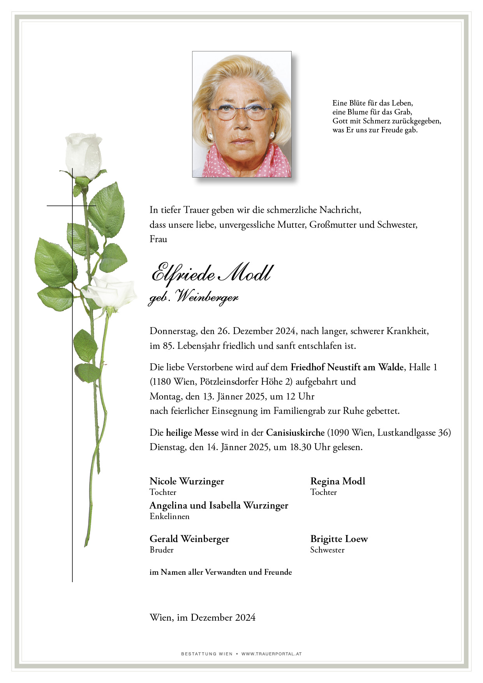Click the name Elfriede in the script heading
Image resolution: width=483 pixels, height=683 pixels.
[x=183, y=273]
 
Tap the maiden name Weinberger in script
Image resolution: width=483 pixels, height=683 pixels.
[x=207, y=297]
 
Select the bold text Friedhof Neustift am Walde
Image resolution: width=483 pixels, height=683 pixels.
[x=347, y=367]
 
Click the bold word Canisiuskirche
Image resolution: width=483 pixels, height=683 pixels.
[x=295, y=433]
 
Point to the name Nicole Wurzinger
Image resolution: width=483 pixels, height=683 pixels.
[x=187, y=481]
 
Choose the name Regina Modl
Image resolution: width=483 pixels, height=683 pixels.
[x=337, y=481]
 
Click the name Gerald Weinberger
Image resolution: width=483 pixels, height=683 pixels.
[x=189, y=539]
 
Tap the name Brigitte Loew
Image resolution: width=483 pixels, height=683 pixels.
[x=339, y=539]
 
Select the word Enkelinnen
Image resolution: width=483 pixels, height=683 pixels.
[x=169, y=516]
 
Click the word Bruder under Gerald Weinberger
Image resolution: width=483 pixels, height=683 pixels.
[x=161, y=550]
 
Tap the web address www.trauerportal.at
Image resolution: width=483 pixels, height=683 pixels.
[x=271, y=654]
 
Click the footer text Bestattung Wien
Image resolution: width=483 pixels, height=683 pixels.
[x=206, y=654]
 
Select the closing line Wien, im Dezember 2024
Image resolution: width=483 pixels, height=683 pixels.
[x=202, y=617]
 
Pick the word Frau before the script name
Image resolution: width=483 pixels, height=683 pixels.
[x=158, y=239]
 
